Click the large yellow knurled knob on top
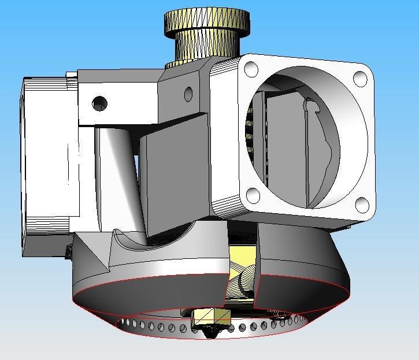[207, 21]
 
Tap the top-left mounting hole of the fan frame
[251, 69]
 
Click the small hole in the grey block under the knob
[188, 93]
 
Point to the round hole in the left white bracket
[99, 104]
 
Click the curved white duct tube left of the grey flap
[118, 173]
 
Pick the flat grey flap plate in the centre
[173, 173]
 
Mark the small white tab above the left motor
[71, 75]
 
